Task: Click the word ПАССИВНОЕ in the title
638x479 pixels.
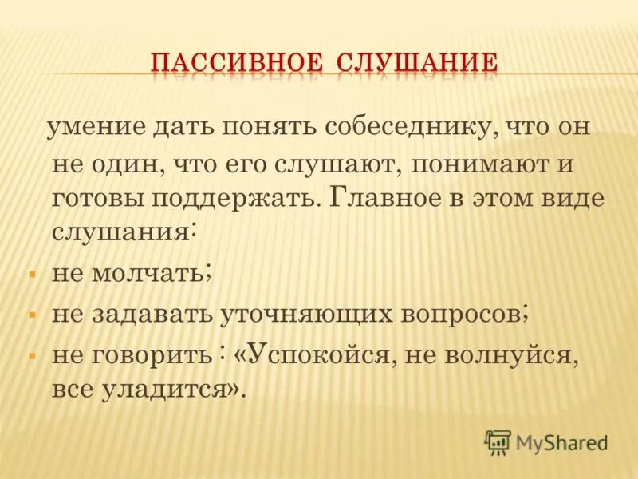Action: click(236, 62)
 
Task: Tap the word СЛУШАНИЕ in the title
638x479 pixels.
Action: click(416, 62)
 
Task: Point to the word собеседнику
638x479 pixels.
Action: click(410, 129)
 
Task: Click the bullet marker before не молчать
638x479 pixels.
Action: click(33, 274)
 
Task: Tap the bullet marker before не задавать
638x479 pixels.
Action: click(33, 314)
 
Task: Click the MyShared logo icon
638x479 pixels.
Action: click(498, 441)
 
